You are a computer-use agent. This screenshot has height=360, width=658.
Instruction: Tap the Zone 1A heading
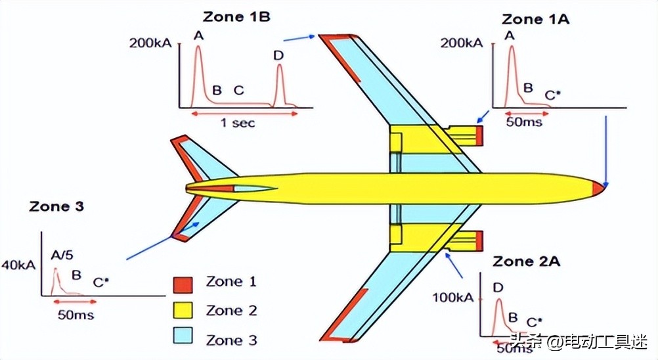[535, 19]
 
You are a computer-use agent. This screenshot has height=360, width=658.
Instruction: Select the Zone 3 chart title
[56, 206]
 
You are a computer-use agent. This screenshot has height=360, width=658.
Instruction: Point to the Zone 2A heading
[527, 261]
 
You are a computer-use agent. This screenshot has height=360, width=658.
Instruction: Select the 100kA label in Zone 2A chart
[452, 298]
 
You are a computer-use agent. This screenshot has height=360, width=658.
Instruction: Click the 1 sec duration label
[237, 123]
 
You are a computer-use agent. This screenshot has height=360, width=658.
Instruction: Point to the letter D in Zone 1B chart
[278, 55]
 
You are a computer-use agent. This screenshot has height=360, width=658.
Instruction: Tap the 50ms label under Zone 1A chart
[524, 122]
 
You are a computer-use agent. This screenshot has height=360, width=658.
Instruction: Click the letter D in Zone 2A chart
[498, 288]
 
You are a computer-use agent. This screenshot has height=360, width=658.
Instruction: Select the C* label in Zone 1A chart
[553, 95]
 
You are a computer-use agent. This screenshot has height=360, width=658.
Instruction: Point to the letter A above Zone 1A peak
[509, 36]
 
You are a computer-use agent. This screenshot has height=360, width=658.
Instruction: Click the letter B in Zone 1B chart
[217, 90]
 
